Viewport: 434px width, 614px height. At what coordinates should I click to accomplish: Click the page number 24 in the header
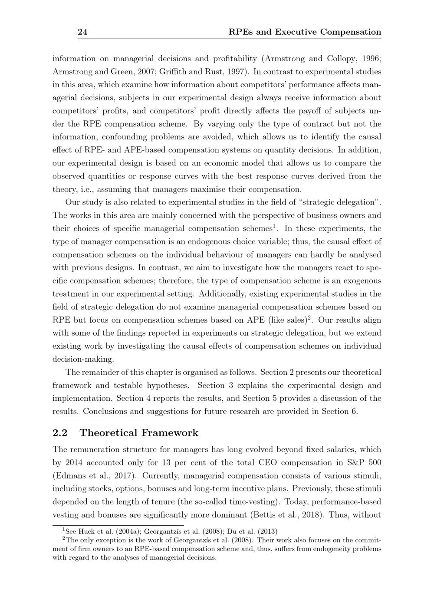pos(82,32)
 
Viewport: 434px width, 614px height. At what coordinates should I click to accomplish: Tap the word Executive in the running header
pos(297,32)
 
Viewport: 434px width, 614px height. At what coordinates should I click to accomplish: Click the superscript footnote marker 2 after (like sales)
pos(309,318)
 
